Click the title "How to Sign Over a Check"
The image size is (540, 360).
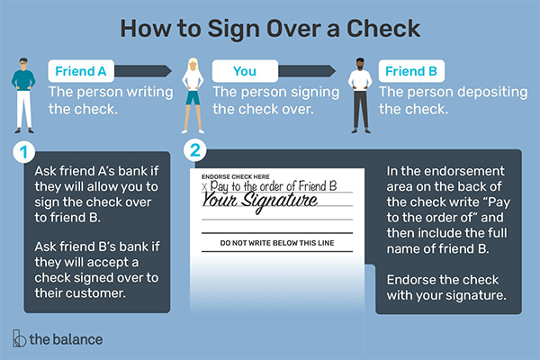coord(269,27)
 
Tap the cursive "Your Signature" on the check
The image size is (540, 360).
coord(260,200)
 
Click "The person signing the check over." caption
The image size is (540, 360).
coord(262,99)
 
